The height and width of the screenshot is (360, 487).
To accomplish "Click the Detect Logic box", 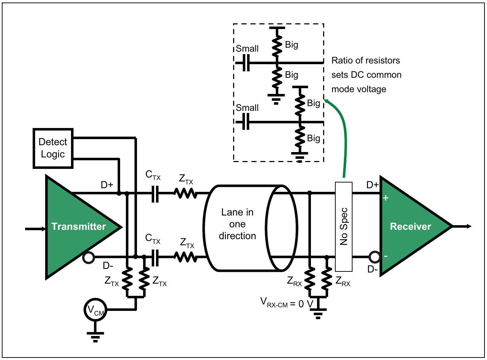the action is click(53, 148).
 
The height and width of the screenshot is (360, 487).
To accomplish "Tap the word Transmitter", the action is click(79, 226).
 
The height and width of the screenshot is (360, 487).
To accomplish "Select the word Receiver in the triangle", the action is click(410, 226).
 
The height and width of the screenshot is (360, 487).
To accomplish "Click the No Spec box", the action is click(344, 227).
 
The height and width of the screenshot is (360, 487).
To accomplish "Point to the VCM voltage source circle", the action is click(95, 309).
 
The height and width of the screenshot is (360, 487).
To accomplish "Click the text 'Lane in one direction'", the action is click(237, 224).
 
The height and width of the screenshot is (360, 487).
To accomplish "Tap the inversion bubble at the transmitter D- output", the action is click(89, 258).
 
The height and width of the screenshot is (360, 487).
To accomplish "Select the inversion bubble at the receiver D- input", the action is click(375, 257).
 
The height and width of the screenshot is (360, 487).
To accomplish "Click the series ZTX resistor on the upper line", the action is click(186, 193).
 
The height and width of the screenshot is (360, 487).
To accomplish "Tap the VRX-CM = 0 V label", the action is click(287, 303).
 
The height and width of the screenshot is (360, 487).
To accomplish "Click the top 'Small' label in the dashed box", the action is click(247, 48).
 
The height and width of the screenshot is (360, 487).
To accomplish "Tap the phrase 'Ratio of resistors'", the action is click(365, 60).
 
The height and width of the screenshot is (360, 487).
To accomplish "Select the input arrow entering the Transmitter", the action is click(36, 229).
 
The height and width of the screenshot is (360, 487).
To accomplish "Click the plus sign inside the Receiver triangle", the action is click(386, 198).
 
